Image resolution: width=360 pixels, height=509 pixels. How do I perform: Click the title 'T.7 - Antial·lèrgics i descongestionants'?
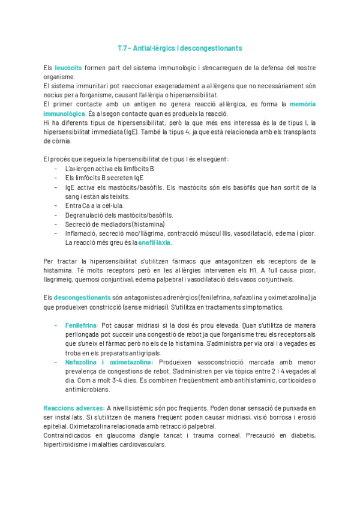coord(180,47)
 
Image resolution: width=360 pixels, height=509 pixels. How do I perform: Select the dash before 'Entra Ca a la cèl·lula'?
coord(56,206)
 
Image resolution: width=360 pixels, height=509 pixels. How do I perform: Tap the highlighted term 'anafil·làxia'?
coord(154,242)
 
